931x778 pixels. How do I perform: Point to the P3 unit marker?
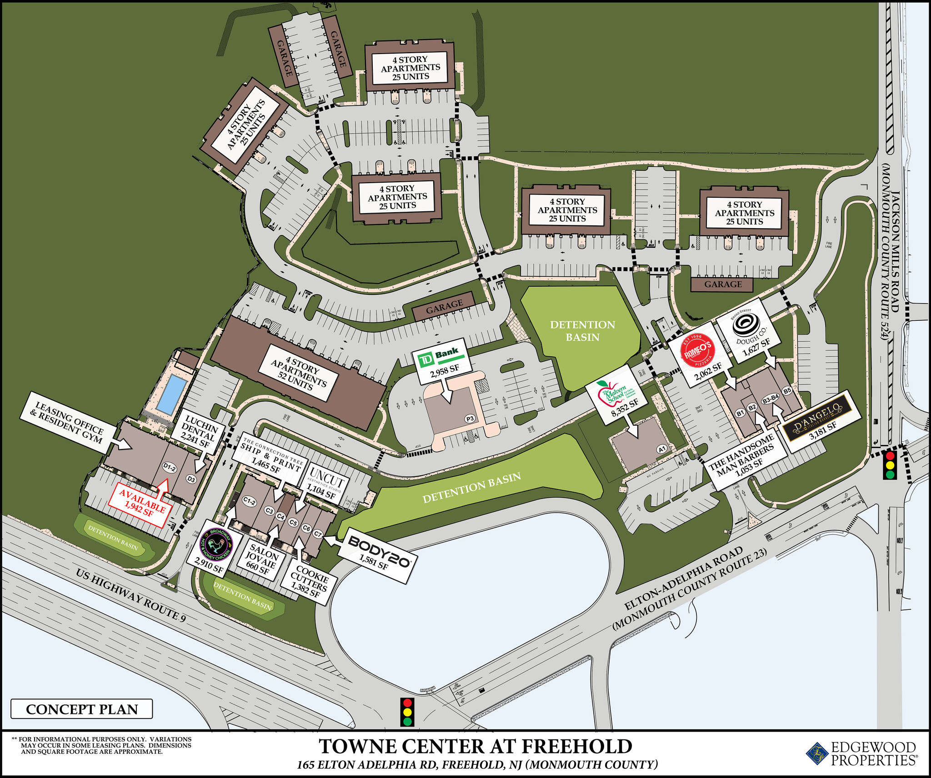[x=470, y=419]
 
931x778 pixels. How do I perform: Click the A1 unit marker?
[x=662, y=449]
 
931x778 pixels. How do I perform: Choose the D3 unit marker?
[x=191, y=479]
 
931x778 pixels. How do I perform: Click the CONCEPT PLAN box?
[x=82, y=709]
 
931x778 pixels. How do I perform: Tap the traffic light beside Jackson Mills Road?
[x=890, y=464]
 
